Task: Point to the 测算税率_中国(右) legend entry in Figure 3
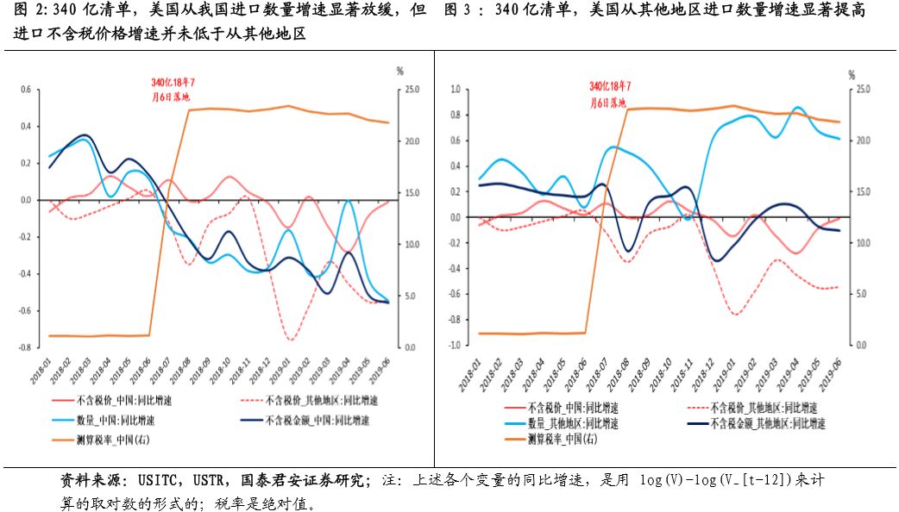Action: [x=561, y=439]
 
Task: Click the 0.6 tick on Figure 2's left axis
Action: [x=25, y=89]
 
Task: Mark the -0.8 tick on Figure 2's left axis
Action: [x=24, y=347]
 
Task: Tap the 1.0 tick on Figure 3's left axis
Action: [x=456, y=89]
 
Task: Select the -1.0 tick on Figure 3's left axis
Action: [x=455, y=345]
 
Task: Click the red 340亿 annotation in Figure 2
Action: [x=171, y=90]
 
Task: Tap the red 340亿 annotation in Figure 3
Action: [x=610, y=94]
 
